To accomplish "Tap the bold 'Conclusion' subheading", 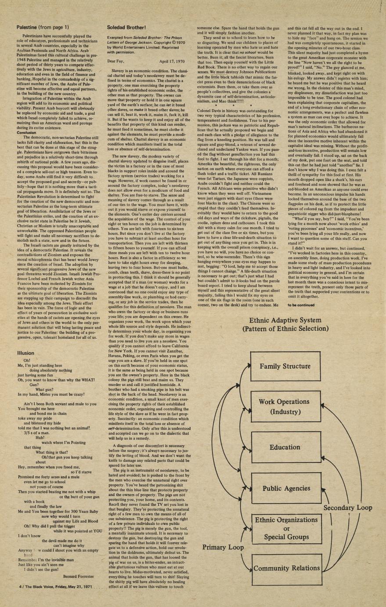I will tap(26, 132).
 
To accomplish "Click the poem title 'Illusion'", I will tap(25, 353).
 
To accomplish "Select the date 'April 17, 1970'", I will tap(173, 62).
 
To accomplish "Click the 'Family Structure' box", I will tap(285, 366).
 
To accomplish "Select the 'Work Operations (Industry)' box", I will tap(285, 406).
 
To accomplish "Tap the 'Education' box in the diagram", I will tap(285, 447).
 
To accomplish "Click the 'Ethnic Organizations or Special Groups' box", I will tap(286, 528).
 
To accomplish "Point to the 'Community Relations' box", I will tap(286, 568).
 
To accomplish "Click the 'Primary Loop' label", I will tap(223, 548).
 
